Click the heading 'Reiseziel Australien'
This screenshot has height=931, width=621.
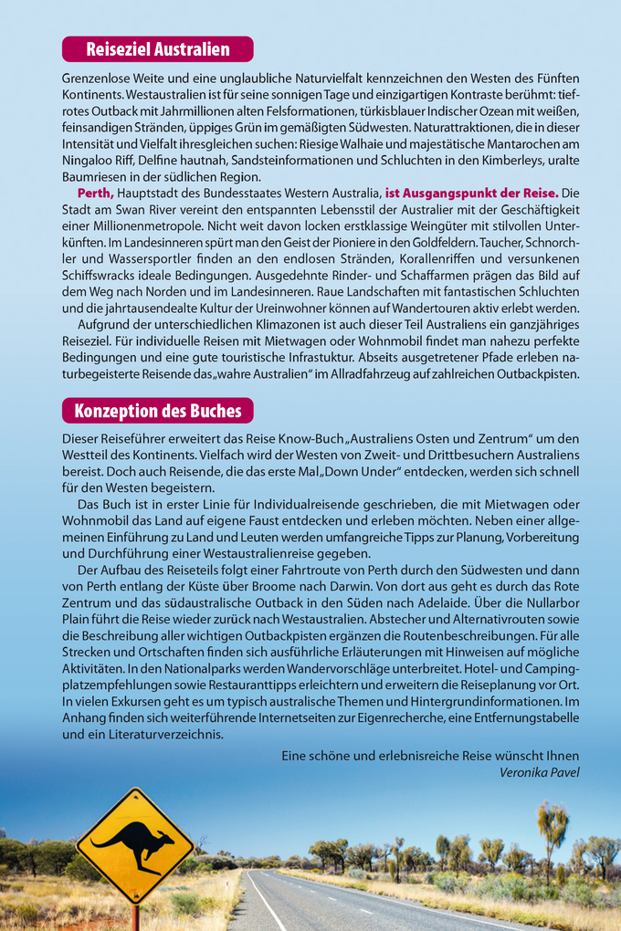click(x=157, y=48)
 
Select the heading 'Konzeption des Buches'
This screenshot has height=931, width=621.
click(x=157, y=411)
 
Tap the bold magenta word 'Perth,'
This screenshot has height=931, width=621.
click(x=96, y=194)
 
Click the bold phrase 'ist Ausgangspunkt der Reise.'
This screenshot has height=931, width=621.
click(x=471, y=194)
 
